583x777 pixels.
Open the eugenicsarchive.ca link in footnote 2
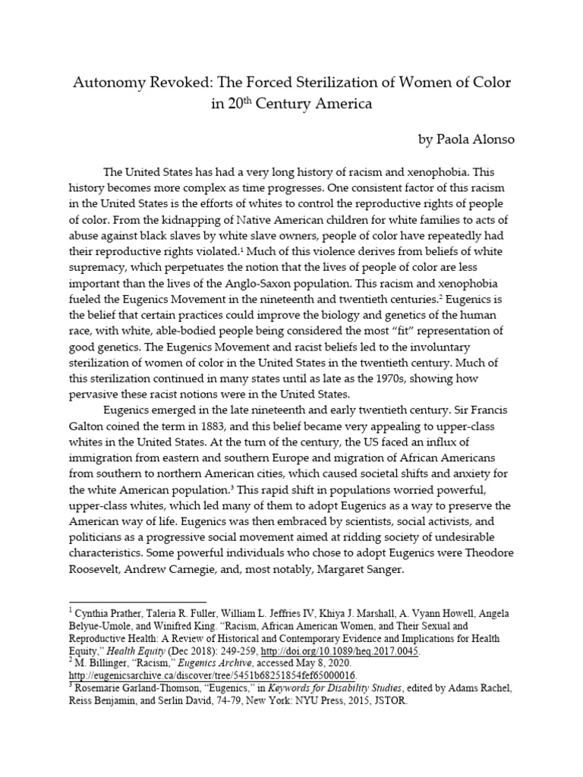point(213,675)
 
